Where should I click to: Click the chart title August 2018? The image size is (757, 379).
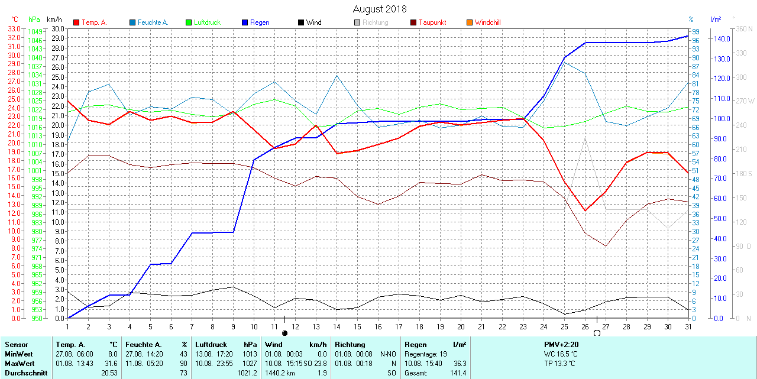[380, 9]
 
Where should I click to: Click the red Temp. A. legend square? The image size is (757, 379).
[76, 22]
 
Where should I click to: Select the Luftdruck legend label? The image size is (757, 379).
[206, 22]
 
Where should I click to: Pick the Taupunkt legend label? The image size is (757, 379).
[432, 22]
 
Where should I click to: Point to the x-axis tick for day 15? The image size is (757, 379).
[357, 326]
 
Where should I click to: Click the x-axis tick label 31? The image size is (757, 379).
[688, 326]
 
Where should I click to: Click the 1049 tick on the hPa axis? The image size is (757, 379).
[35, 31]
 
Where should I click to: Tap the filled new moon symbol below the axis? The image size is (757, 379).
[284, 333]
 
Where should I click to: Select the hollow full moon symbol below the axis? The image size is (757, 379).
[597, 333]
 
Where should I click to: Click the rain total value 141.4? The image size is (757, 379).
[458, 373]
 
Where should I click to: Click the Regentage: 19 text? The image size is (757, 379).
[426, 354]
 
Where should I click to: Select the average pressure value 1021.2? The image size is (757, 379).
[247, 373]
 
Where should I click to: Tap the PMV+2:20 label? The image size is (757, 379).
[561, 344]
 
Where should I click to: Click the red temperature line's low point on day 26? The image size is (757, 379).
[585, 210]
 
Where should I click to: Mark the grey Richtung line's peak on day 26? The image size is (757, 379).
[585, 138]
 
